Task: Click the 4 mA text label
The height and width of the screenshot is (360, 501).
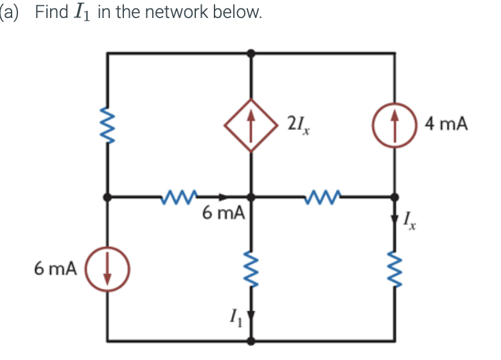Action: click(446, 123)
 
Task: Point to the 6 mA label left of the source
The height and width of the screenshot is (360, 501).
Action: click(56, 268)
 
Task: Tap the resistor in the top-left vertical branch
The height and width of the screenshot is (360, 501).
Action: click(108, 125)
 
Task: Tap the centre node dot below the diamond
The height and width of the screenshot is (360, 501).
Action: click(251, 196)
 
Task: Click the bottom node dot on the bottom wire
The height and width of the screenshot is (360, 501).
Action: click(251, 340)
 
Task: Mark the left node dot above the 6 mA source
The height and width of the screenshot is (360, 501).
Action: click(108, 196)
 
